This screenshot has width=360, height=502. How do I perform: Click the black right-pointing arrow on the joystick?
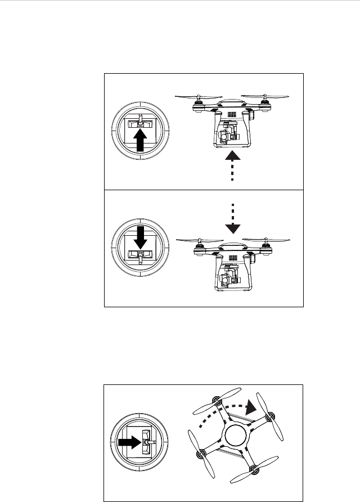[129, 443]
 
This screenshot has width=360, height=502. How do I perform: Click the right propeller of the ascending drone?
[268, 96]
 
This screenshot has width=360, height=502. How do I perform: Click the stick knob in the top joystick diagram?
[141, 123]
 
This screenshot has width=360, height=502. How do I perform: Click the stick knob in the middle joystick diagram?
[141, 256]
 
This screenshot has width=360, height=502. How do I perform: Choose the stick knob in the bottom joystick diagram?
[147, 443]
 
